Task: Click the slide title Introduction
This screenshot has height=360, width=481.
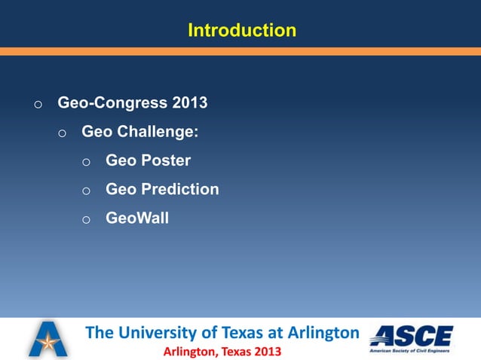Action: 241,30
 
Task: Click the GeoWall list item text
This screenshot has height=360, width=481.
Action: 137,218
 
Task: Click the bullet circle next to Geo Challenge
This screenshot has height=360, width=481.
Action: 63,133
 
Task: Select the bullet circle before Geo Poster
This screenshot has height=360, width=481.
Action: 87,162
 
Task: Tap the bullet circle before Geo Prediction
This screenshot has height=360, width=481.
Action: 87,191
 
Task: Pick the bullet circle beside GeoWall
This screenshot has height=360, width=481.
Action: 87,219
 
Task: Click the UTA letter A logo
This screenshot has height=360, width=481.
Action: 47,338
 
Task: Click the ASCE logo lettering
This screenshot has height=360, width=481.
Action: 412,335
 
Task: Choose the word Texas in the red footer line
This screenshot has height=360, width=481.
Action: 234,351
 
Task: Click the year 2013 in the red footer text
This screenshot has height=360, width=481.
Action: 268,351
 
